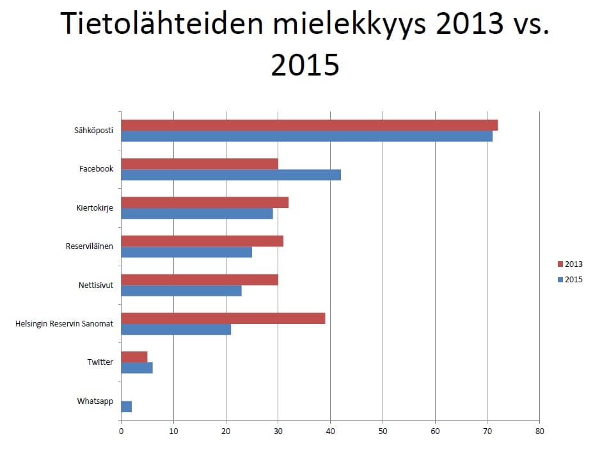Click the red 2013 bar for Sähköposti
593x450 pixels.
tap(309, 125)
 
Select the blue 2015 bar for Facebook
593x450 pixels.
tap(231, 175)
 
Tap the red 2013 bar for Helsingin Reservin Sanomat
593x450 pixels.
tap(223, 318)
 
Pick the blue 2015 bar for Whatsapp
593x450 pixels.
tap(126, 406)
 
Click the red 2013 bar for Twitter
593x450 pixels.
tap(134, 357)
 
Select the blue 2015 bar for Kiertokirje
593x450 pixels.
tap(197, 213)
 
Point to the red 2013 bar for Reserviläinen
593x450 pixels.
tap(202, 241)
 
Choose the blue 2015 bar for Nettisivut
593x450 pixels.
tap(181, 291)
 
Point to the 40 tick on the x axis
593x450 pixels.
tap(330, 431)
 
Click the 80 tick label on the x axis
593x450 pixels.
tap(539, 431)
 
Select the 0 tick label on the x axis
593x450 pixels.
tap(121, 431)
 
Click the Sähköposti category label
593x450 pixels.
tap(93, 131)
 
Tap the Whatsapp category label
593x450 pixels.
tap(95, 401)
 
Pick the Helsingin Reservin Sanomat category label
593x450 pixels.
tap(64, 324)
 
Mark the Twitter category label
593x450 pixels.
tap(100, 362)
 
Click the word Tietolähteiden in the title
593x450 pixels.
tap(161, 24)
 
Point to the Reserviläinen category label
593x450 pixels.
tap(90, 246)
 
